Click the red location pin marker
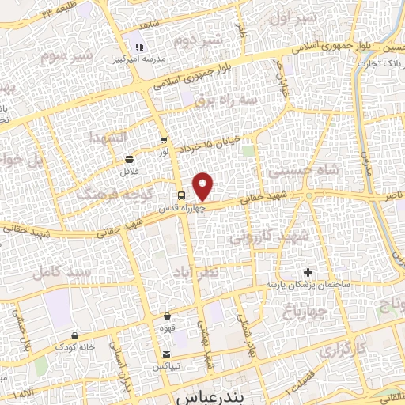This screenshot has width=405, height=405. [204, 187]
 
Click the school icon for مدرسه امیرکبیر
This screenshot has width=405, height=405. [140, 47]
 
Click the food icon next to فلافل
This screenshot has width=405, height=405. [129, 159]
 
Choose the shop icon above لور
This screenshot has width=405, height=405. [164, 141]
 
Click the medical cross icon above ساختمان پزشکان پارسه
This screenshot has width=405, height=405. [308, 272]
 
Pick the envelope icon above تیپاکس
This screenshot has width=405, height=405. [167, 354]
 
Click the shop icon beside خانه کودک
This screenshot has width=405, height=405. [74, 335]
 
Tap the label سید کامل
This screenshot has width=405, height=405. [62, 272]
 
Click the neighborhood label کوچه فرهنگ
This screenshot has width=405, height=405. [108, 192]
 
